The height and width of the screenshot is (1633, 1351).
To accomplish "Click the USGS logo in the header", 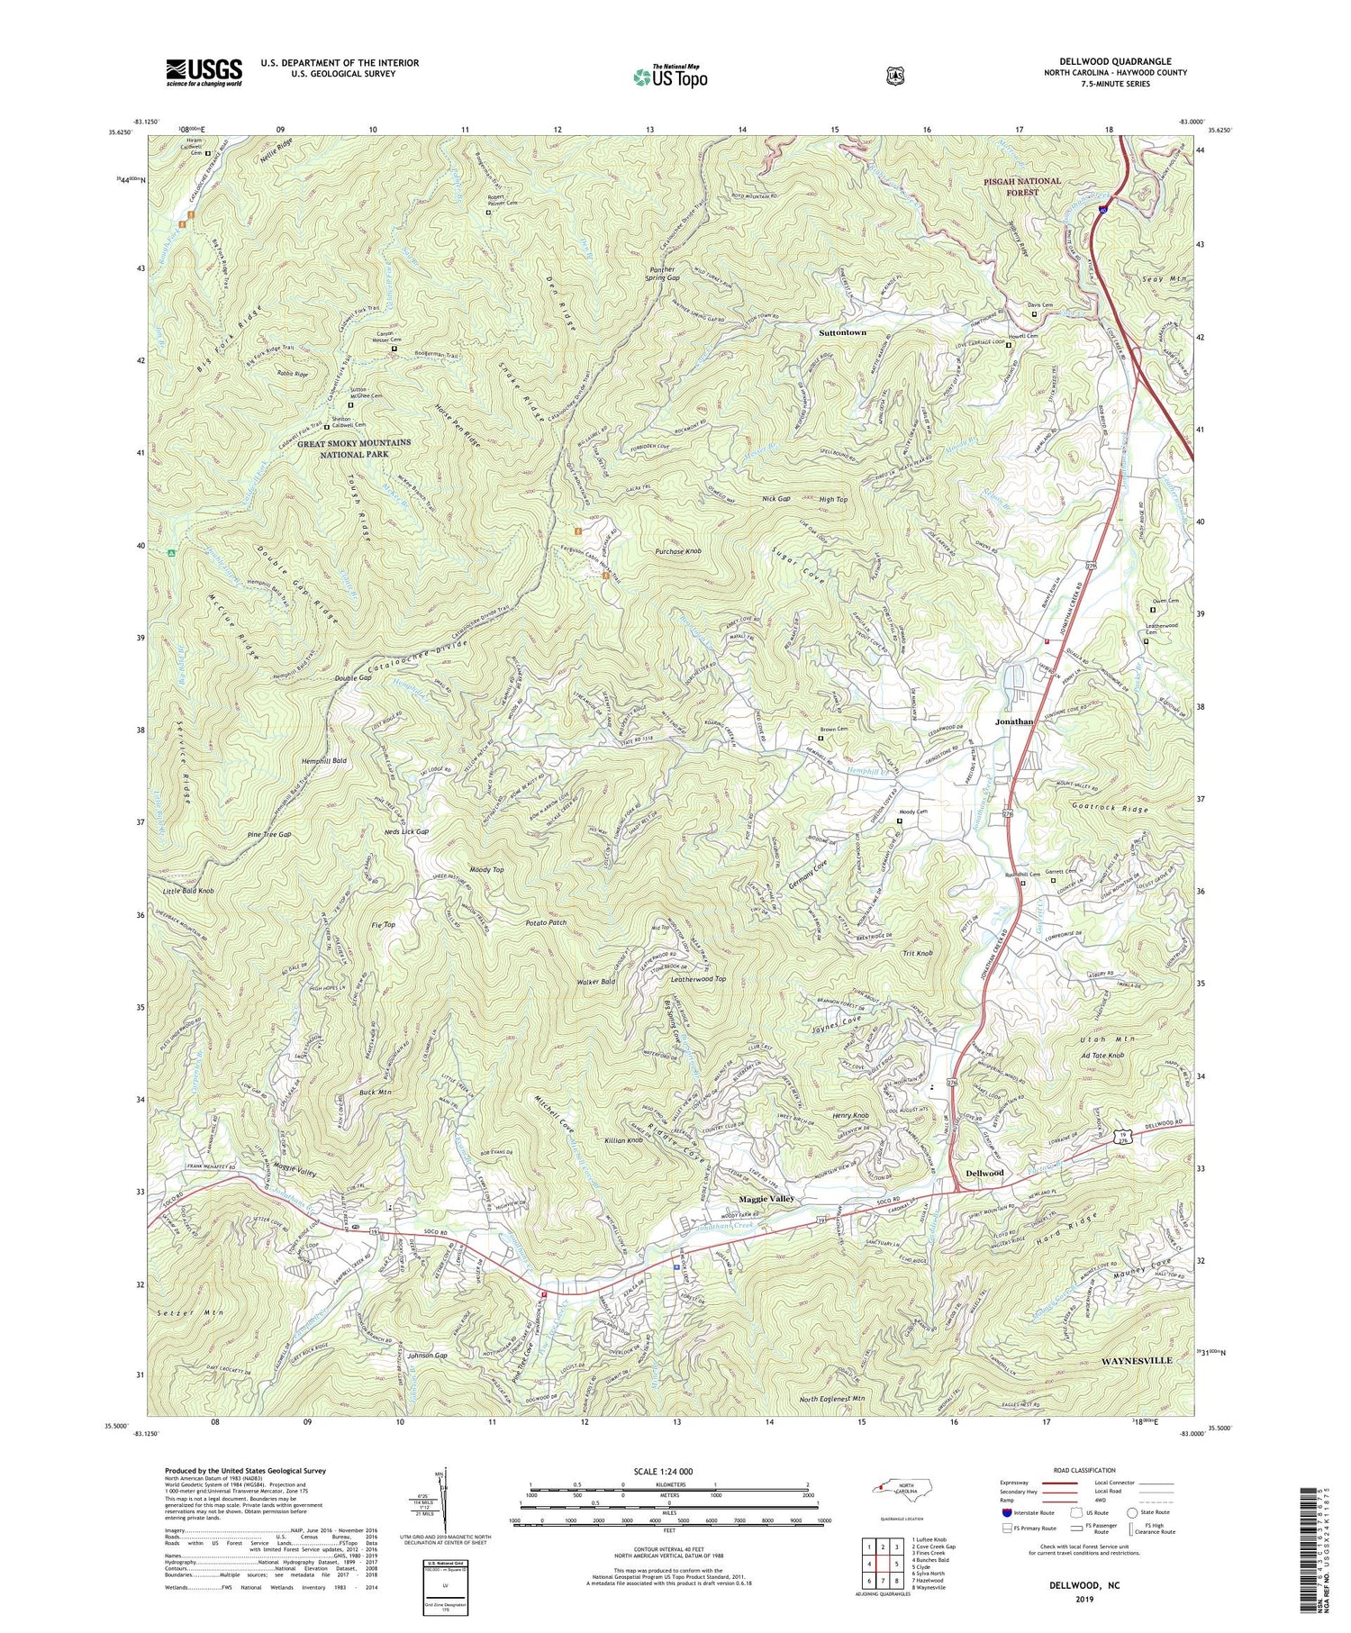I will pyautogui.click(x=204, y=72).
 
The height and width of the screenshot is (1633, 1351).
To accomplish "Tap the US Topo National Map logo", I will pyautogui.click(x=670, y=77).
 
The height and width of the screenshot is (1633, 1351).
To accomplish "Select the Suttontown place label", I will pyautogui.click(x=842, y=332).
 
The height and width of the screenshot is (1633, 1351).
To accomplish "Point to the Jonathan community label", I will pyautogui.click(x=1013, y=721).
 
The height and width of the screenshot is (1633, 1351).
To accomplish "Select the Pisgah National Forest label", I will pyautogui.click(x=1022, y=186).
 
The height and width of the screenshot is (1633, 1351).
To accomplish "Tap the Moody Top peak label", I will pyautogui.click(x=486, y=870).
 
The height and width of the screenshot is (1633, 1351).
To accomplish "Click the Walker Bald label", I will pyautogui.click(x=597, y=981).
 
